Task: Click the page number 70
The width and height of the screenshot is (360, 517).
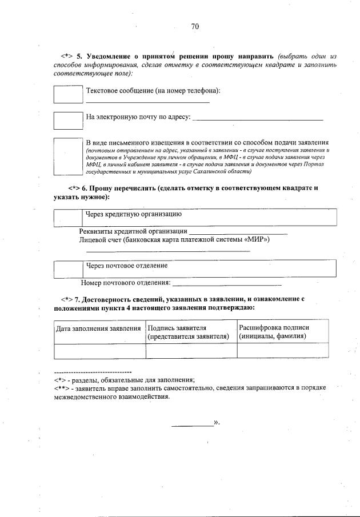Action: click(195, 26)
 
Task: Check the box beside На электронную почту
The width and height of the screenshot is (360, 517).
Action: click(68, 120)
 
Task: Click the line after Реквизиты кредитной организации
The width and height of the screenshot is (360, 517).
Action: click(237, 231)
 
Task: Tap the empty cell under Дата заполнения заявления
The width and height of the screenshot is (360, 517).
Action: click(99, 351)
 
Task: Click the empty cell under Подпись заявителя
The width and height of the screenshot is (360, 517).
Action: click(191, 351)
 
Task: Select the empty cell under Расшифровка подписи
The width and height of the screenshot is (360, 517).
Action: click(282, 351)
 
